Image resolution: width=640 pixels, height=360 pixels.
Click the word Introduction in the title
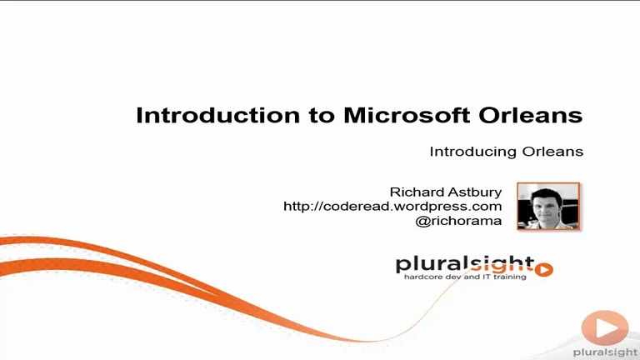tap(218, 115)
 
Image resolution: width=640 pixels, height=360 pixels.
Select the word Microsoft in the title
tap(407, 115)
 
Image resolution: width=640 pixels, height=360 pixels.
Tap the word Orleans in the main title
tap(531, 115)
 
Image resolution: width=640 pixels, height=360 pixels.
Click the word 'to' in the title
tap(322, 116)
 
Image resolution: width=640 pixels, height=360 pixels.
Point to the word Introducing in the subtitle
tap(473, 152)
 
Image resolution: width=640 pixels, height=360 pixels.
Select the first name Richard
tap(417, 192)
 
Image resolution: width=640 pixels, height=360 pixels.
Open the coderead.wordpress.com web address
tap(392, 207)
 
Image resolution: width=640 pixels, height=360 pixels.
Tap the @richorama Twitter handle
tap(458, 221)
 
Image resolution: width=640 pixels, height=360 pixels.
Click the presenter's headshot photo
tap(548, 206)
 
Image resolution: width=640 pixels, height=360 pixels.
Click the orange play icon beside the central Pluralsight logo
tap(544, 269)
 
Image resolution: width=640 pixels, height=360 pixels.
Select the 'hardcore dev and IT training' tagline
tap(465, 277)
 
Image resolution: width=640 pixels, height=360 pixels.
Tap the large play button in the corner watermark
tap(605, 327)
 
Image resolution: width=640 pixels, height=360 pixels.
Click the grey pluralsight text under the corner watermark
tap(606, 352)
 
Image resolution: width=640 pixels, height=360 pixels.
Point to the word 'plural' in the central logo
tap(432, 265)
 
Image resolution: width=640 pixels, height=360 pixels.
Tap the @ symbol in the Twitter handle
tap(422, 221)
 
